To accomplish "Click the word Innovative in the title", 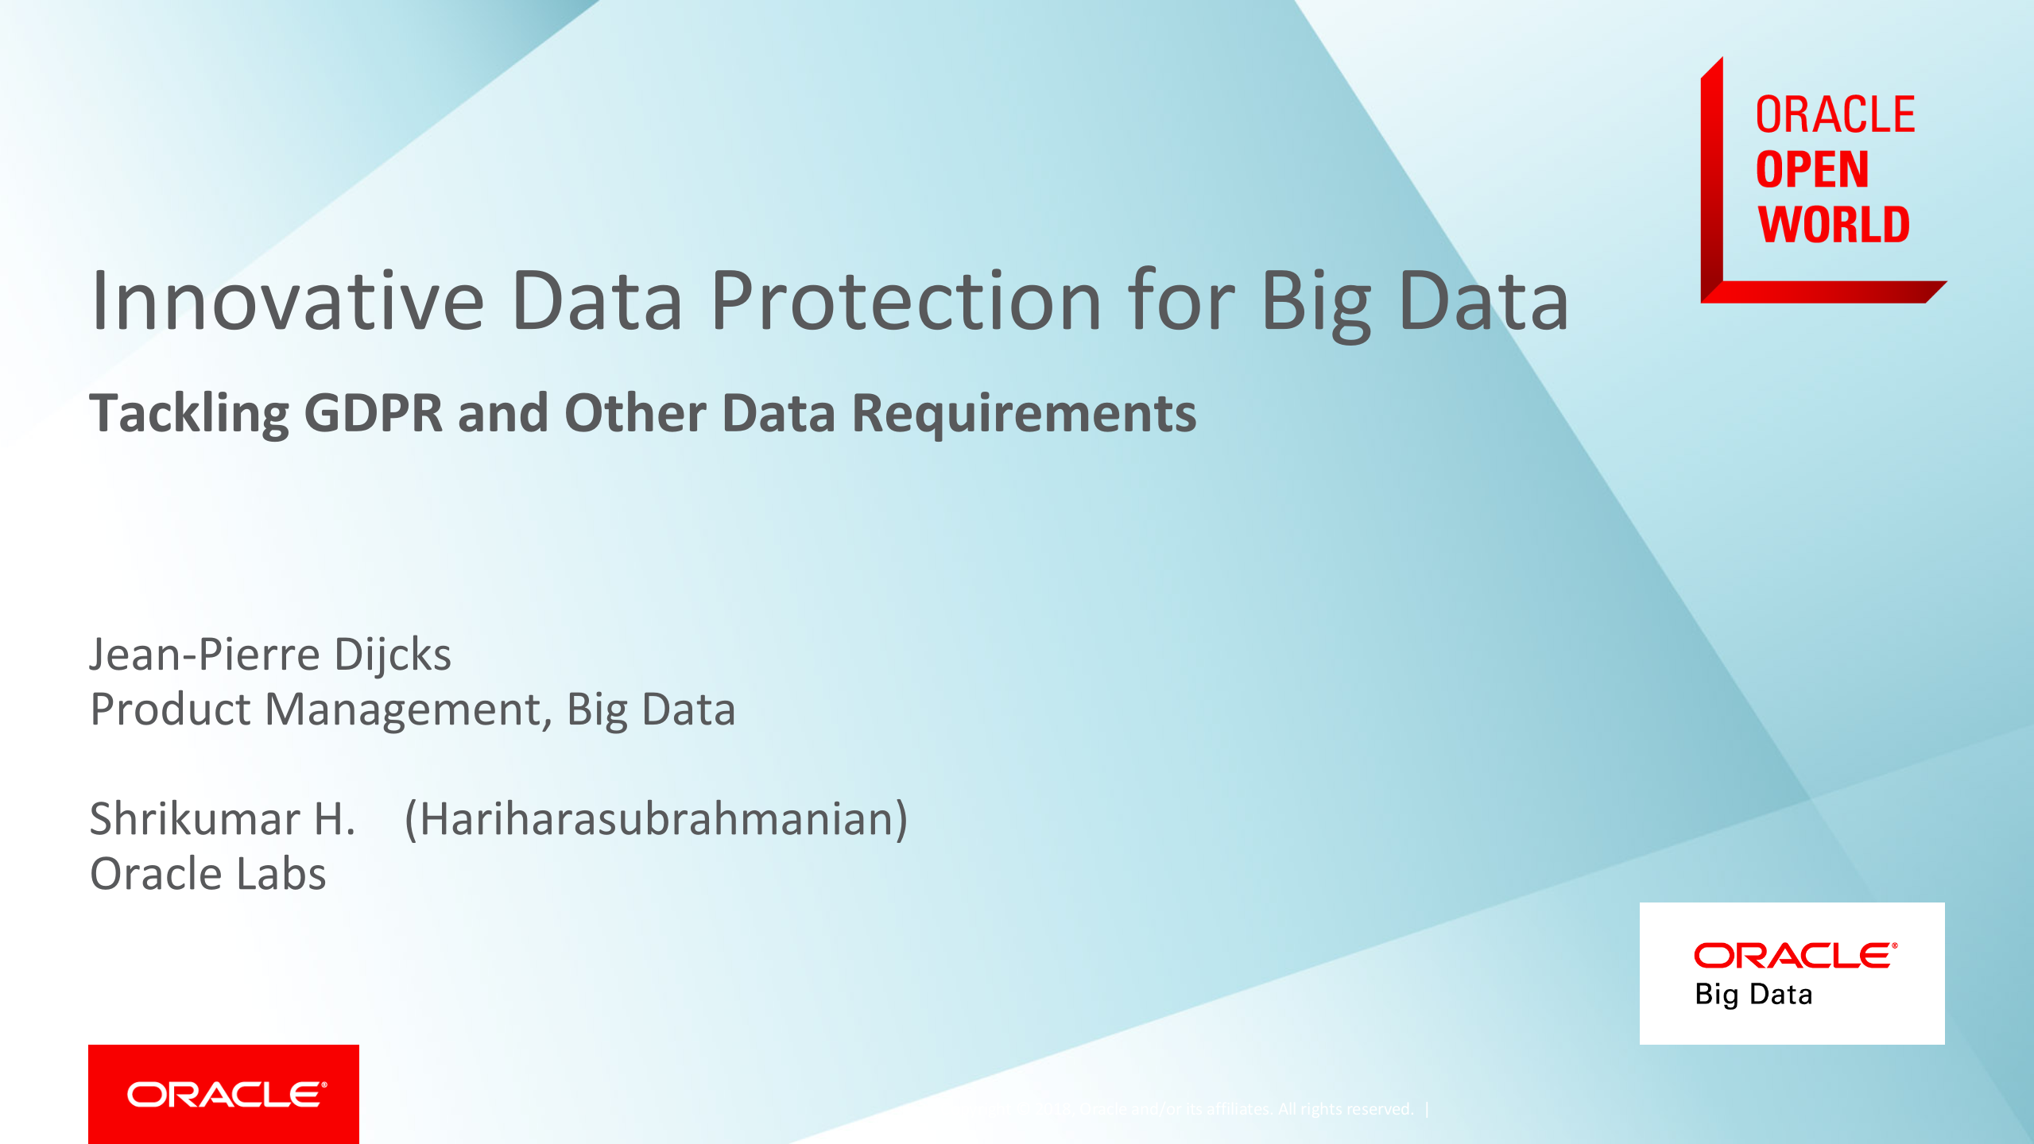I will (x=288, y=302).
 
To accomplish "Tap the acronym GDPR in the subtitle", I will (x=373, y=414).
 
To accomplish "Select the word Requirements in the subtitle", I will (x=1024, y=414).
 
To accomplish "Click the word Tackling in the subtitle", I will (x=188, y=414).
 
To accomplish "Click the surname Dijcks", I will (x=393, y=655).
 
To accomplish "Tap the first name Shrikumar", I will (x=195, y=819).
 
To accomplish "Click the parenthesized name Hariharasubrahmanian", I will (x=656, y=819).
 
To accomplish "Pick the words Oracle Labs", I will (x=208, y=874).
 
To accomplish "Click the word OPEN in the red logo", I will (x=1811, y=170).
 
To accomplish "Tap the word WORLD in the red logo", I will (x=1833, y=225).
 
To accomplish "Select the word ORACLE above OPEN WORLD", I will (x=1834, y=115).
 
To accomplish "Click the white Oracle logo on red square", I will (x=226, y=1095).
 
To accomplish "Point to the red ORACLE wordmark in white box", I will (x=1795, y=956).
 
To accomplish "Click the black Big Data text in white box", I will (x=1753, y=995).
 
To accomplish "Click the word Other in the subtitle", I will (x=634, y=414).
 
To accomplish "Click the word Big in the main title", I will (x=1316, y=302).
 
